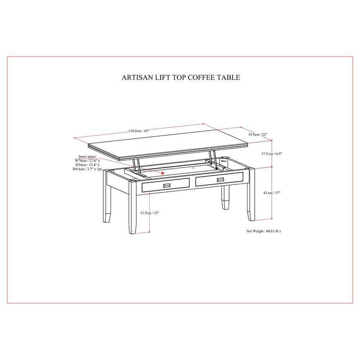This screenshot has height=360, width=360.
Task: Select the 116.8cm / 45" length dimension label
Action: [139, 131]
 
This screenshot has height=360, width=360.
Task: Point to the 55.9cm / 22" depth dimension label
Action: [258, 134]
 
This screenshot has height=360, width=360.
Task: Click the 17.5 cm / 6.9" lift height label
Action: [272, 153]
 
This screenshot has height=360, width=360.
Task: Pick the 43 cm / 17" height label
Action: [272, 193]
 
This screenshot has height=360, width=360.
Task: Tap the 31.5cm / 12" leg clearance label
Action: [149, 213]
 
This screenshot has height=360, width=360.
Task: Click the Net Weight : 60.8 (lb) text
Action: [264, 231]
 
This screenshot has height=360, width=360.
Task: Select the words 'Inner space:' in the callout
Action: [87, 157]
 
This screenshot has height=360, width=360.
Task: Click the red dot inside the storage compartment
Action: [162, 173]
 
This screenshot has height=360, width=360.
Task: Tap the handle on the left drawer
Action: [166, 185]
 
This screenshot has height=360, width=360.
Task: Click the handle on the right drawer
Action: [220, 180]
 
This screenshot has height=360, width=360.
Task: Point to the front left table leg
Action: [132, 207]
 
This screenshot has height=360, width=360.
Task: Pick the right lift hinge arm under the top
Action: [213, 160]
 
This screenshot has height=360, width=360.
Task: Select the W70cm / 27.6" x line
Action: [87, 161]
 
